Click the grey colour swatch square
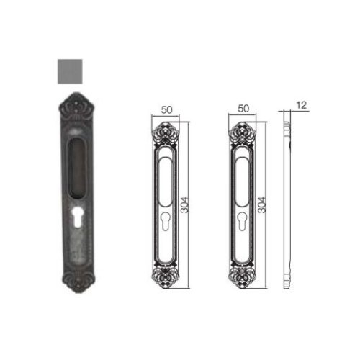[70, 71]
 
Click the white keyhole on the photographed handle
[77, 217]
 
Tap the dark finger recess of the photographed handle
[77, 168]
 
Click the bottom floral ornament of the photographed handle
[78, 282]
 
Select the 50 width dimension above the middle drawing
[166, 109]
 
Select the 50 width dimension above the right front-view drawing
[243, 109]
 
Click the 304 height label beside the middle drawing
[184, 205]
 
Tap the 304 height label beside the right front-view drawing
[261, 205]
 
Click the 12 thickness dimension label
[302, 105]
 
